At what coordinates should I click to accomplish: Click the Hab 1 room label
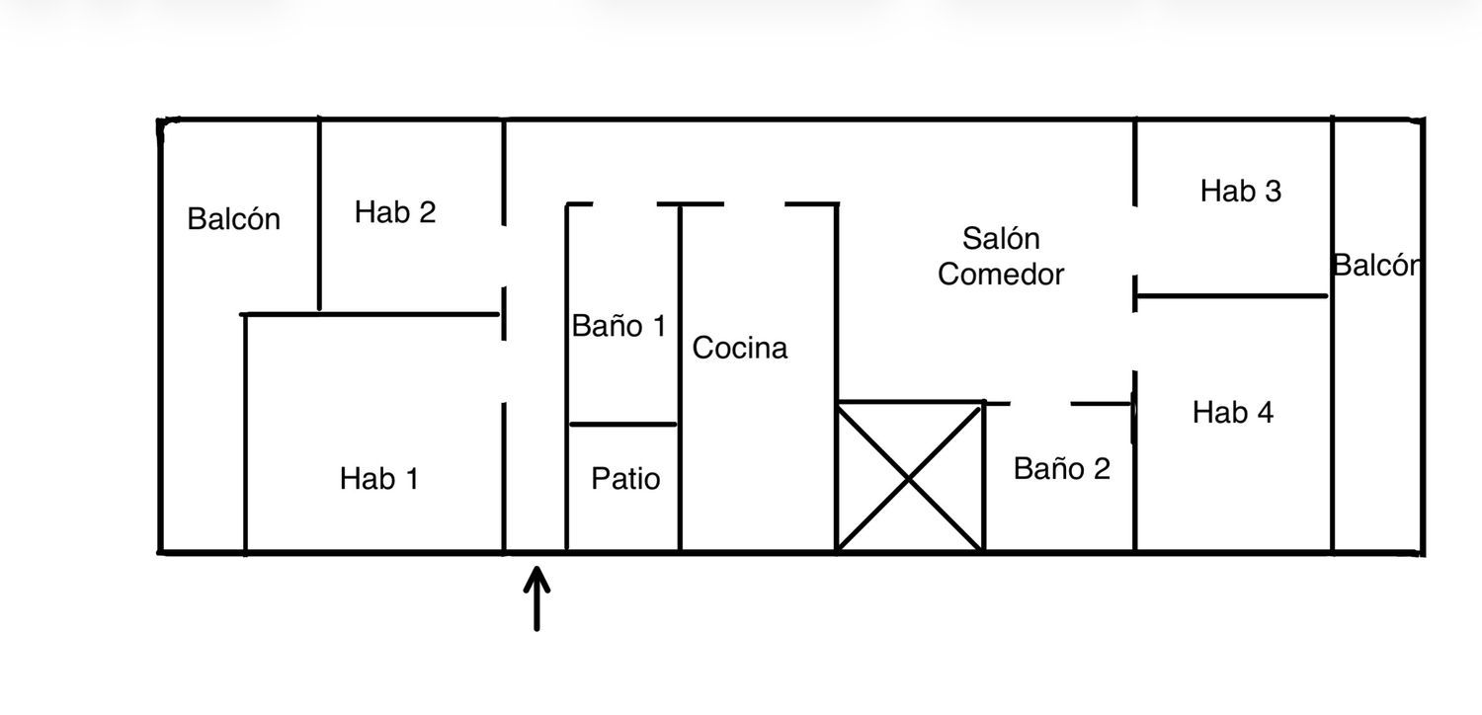379,478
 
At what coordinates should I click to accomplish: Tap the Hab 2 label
395,211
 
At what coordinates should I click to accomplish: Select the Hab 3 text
1241,191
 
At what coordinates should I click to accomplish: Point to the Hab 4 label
1233,412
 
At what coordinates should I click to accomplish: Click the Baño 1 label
618,326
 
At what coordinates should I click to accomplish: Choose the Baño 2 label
1061,468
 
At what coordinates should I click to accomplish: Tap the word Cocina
740,348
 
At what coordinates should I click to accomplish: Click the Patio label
625,478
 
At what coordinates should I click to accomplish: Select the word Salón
1000,238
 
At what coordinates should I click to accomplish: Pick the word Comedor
1000,274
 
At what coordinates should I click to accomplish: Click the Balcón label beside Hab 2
233,218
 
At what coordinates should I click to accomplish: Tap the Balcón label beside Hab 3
1376,266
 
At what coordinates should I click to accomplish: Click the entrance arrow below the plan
536,597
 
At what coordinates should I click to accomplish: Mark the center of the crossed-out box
910,478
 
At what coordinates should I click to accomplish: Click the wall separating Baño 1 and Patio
622,424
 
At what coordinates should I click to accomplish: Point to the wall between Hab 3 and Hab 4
1231,295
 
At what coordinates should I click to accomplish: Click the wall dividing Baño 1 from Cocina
680,377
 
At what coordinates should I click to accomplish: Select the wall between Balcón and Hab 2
319,213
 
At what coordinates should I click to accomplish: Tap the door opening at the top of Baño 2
1040,403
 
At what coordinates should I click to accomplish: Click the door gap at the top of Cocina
754,204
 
